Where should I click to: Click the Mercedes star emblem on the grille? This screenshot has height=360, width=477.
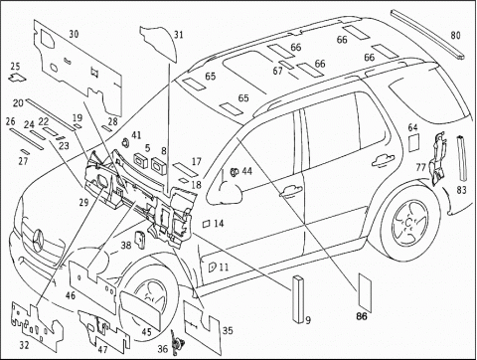click(38, 240)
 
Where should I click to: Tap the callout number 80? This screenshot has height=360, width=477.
click(456, 35)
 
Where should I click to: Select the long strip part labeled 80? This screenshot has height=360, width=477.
click(428, 35)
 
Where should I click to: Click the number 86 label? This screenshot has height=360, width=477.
click(362, 316)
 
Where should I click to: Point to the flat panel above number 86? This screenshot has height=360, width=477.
click(365, 292)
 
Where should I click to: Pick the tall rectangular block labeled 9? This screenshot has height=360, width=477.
click(298, 298)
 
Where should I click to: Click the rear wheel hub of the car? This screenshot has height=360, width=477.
click(409, 222)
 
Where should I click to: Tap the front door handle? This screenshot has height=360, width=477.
click(290, 191)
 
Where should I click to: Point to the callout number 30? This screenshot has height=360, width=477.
click(74, 34)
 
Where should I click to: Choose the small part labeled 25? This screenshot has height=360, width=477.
click(17, 78)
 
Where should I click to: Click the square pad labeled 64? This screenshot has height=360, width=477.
click(413, 142)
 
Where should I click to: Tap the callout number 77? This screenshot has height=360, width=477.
click(420, 168)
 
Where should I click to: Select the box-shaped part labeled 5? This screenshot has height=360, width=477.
click(141, 160)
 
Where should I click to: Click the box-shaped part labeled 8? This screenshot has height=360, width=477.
click(159, 165)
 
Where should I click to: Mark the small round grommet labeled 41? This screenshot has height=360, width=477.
click(126, 143)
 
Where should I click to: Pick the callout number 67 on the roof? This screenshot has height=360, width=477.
click(277, 71)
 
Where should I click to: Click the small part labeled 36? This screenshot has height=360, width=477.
click(174, 343)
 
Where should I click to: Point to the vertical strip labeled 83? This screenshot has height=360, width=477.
click(462, 158)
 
